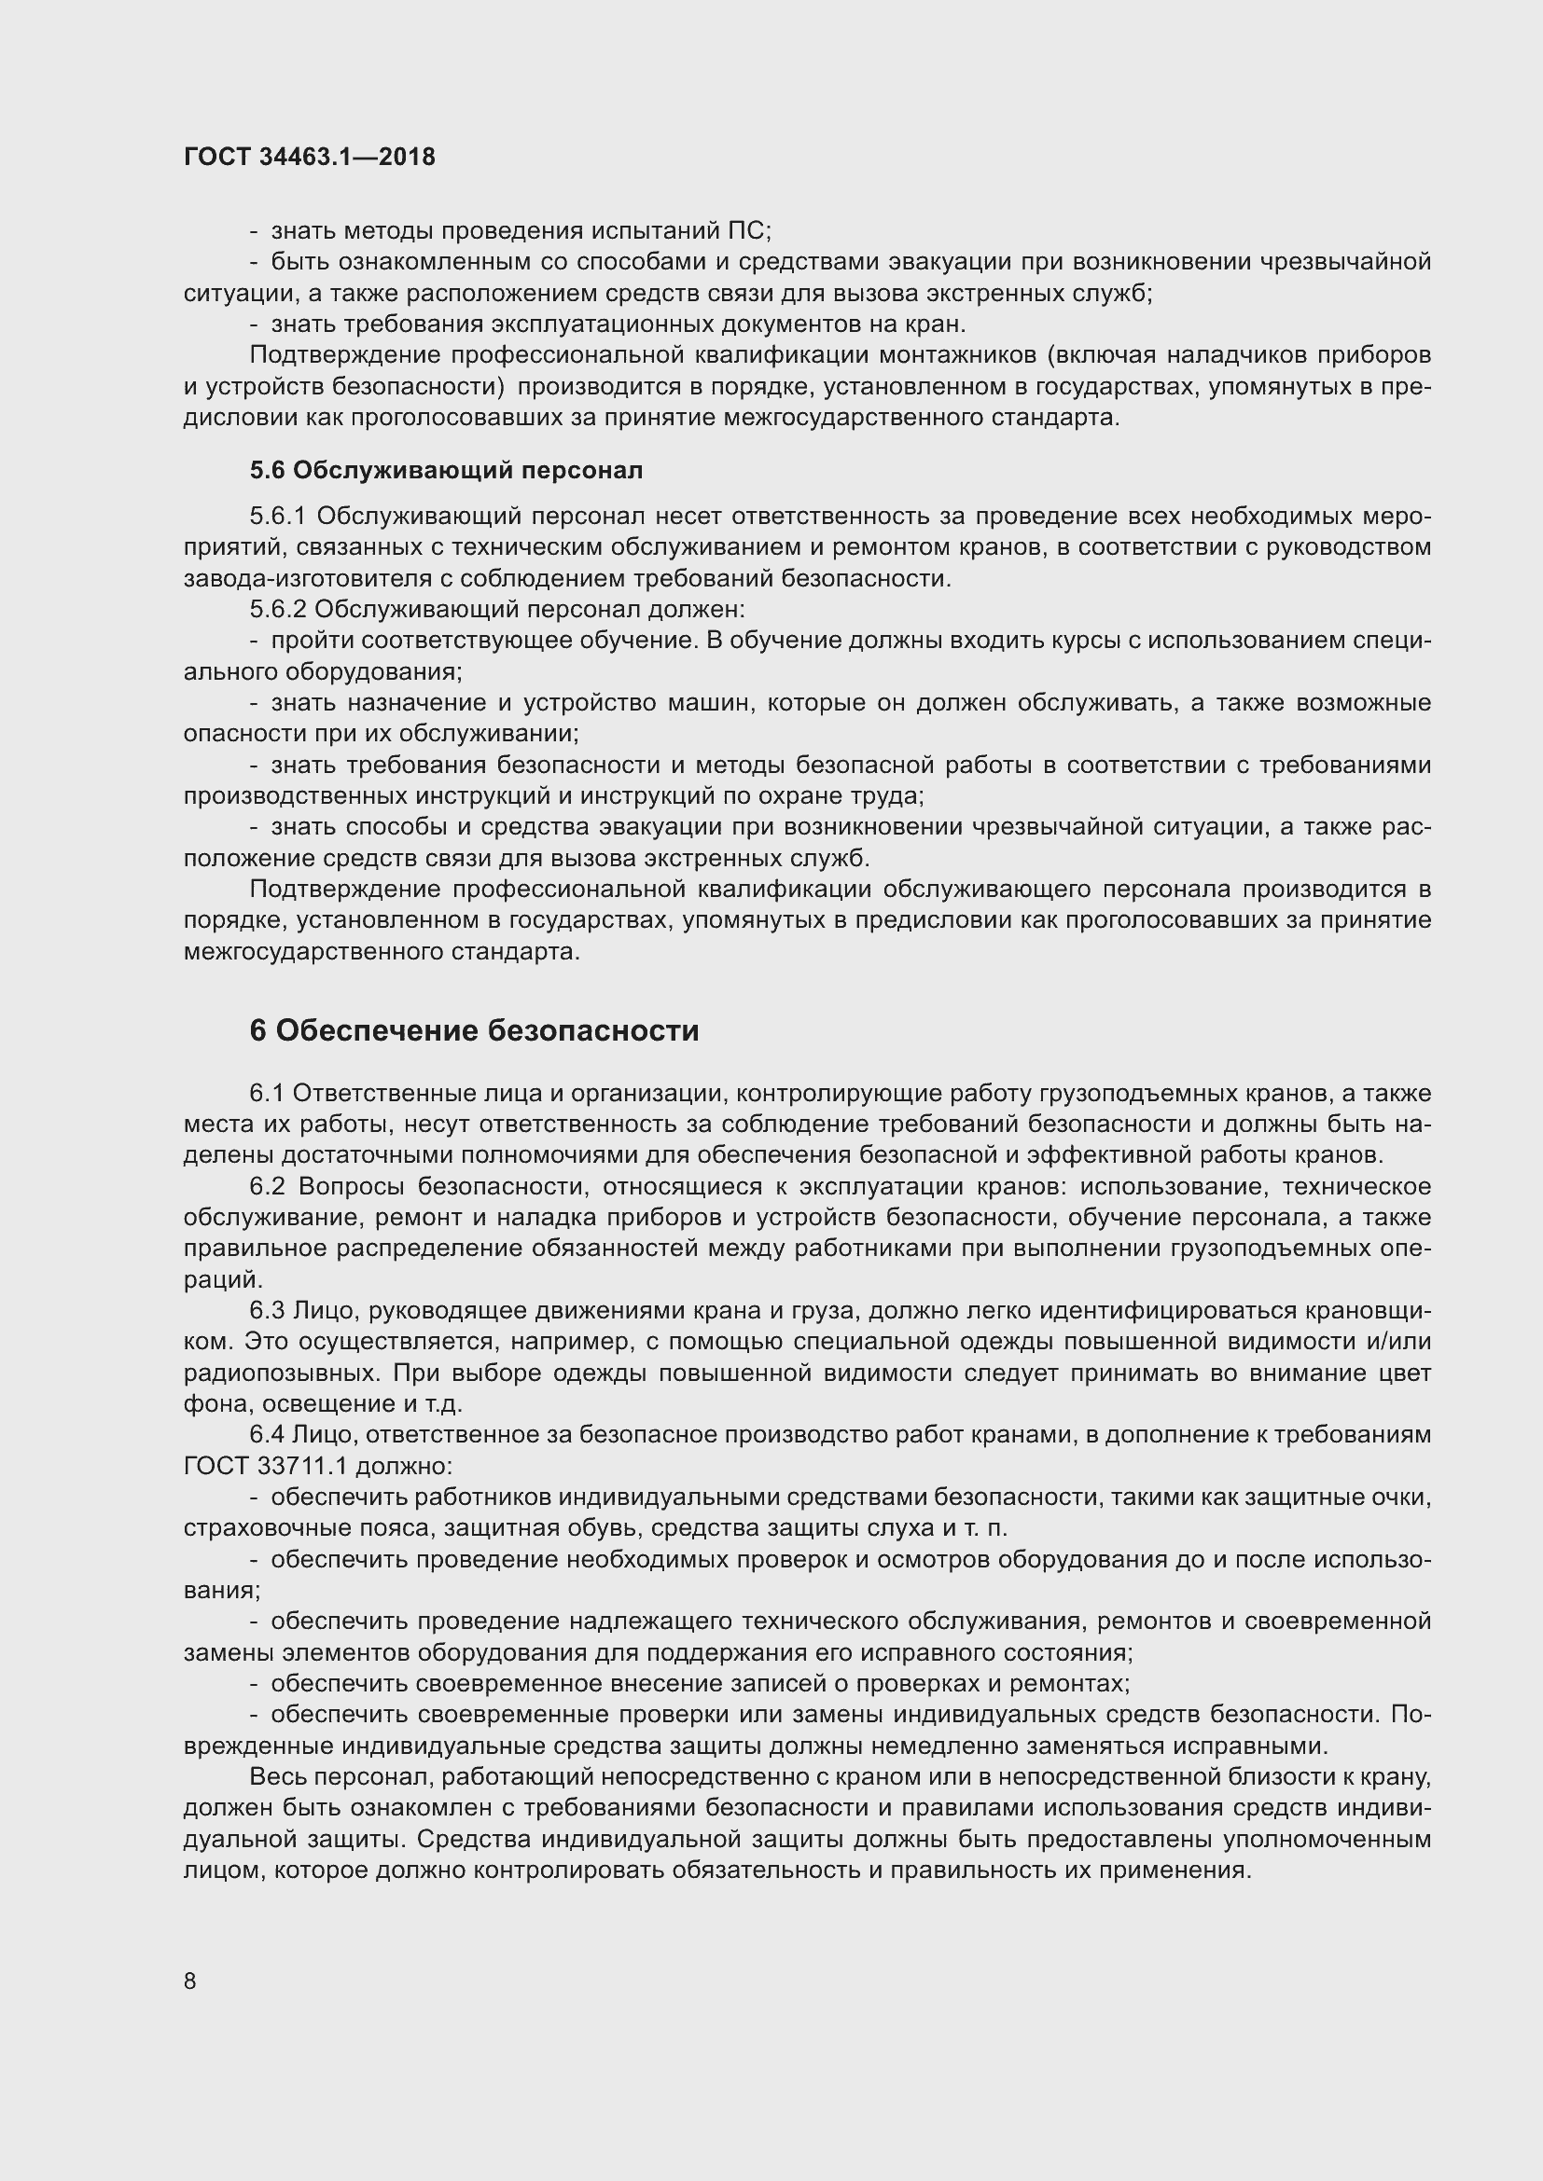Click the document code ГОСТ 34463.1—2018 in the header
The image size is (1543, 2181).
pyautogui.click(x=310, y=157)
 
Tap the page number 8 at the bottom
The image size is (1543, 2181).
pyautogui.click(x=190, y=1981)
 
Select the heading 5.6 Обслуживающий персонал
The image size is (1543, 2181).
pyautogui.click(x=446, y=470)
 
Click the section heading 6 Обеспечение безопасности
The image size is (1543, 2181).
pyautogui.click(x=474, y=1030)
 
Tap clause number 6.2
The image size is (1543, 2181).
pyautogui.click(x=267, y=1186)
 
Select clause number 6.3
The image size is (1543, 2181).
pyautogui.click(x=267, y=1311)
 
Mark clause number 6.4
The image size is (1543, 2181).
pyautogui.click(x=267, y=1434)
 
